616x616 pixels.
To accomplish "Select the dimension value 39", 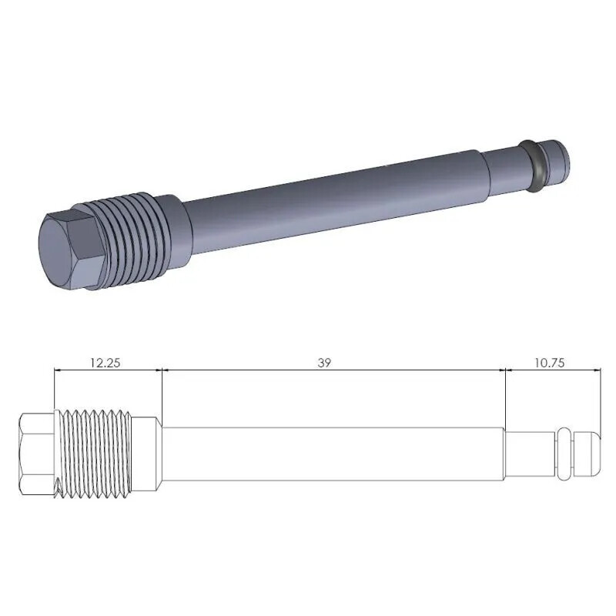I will click(x=324, y=362).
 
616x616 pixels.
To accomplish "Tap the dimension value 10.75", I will click(x=548, y=362).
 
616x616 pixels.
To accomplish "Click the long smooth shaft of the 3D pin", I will click(x=331, y=192).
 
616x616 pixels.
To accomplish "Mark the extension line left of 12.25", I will click(x=55, y=389).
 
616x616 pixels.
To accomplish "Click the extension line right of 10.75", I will click(x=600, y=400).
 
